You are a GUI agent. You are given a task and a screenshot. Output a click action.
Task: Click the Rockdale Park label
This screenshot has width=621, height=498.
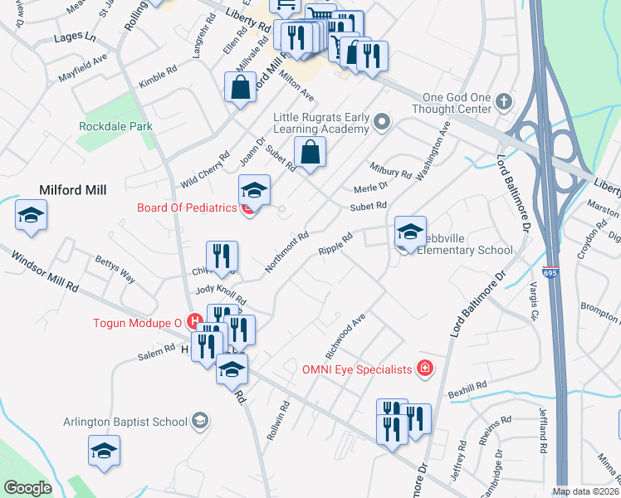click(115, 126)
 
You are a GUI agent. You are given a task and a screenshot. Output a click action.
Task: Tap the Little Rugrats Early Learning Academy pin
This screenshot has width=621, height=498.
click(382, 123)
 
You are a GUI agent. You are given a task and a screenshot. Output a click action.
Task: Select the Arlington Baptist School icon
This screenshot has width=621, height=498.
click(199, 421)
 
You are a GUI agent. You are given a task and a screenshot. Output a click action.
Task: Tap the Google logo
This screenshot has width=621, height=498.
click(27, 488)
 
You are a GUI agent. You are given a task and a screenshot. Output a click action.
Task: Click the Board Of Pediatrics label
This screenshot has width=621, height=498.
click(187, 207)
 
